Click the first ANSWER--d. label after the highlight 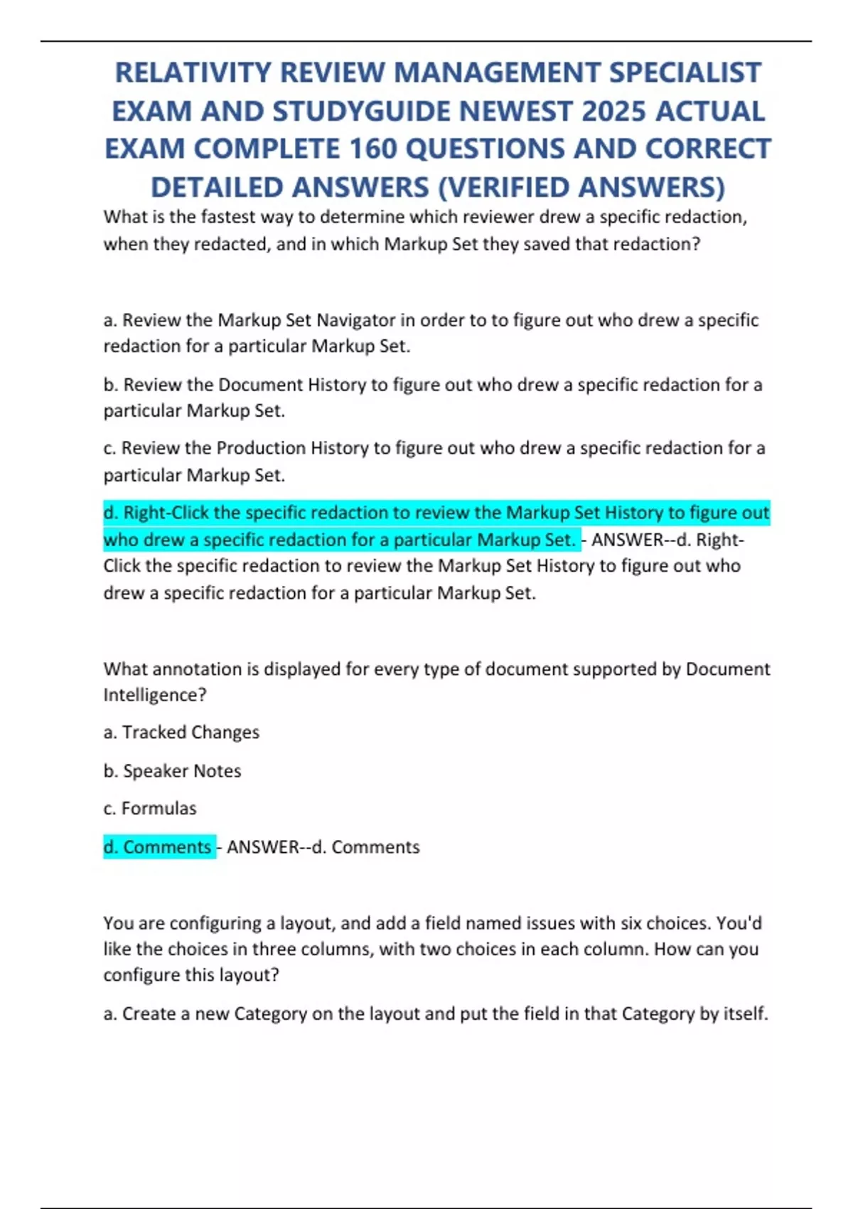tap(640, 540)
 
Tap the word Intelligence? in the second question tap(154, 695)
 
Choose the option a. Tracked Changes tap(181, 733)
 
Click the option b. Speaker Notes tap(172, 771)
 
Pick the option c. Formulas tap(149, 809)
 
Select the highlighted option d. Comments tap(158, 847)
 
